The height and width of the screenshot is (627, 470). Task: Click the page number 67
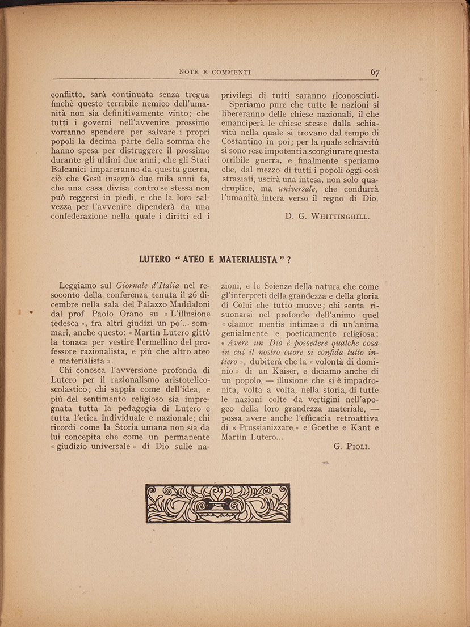[x=375, y=72]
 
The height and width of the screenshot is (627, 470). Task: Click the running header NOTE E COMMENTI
[x=215, y=73]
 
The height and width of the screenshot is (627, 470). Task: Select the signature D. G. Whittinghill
[x=327, y=216]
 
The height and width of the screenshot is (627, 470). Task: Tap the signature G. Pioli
[x=352, y=446]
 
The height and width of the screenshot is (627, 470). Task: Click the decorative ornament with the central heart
[x=217, y=503]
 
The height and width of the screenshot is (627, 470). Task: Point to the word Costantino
[x=243, y=142]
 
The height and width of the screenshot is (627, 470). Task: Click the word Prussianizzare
[x=265, y=427]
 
